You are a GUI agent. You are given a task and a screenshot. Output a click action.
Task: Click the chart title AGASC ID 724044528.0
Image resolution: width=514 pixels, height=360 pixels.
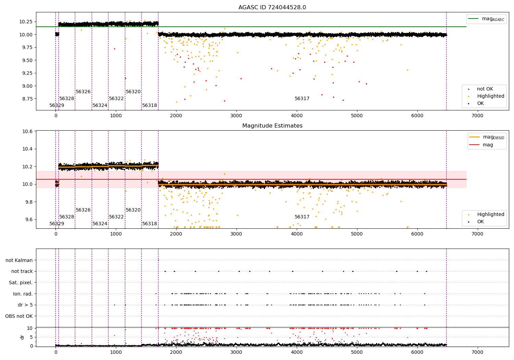click(x=272, y=8)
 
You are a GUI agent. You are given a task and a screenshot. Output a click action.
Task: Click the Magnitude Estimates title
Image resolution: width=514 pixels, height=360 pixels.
click(x=272, y=126)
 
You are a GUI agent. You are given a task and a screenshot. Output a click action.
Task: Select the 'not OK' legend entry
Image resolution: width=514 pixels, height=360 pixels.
click(x=485, y=89)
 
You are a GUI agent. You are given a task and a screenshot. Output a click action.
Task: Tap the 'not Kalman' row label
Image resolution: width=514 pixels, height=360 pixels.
click(x=19, y=260)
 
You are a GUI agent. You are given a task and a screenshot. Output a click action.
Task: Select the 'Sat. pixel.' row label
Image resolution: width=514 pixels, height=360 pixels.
click(x=21, y=283)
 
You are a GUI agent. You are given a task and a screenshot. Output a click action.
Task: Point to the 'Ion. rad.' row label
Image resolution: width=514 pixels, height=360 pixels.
click(x=23, y=294)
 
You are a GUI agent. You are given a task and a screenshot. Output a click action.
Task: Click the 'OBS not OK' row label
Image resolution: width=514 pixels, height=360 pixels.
click(x=19, y=316)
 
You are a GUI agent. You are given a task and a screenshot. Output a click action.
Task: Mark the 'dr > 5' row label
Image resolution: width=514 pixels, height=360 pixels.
click(x=25, y=305)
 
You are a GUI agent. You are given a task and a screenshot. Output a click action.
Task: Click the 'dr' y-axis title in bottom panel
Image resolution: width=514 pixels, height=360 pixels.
click(x=22, y=337)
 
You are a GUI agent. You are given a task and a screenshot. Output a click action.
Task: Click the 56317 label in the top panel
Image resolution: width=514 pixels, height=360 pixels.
click(x=302, y=99)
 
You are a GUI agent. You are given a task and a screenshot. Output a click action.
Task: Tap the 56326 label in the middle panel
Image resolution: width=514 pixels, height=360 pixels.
click(x=83, y=210)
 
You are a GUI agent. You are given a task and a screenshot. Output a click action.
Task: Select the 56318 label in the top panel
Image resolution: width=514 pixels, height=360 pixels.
click(x=150, y=106)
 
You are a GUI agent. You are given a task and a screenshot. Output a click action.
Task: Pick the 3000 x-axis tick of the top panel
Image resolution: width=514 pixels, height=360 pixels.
click(x=236, y=116)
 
